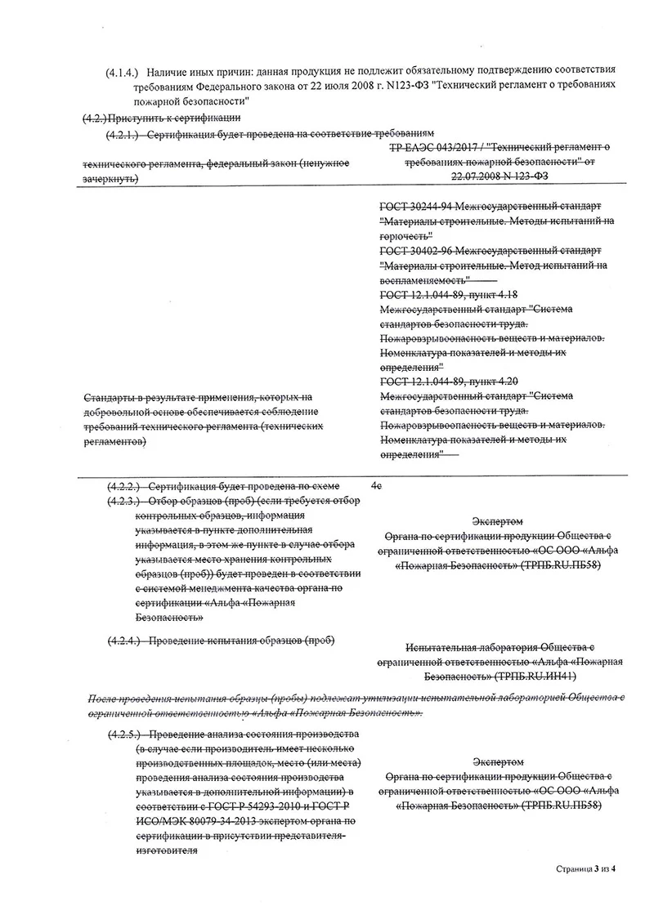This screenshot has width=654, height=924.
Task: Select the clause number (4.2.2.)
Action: tap(123, 485)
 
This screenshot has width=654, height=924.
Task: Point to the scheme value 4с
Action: tap(376, 485)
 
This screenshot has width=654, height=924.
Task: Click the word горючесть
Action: tap(405, 234)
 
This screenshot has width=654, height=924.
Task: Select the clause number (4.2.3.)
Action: tap(123, 500)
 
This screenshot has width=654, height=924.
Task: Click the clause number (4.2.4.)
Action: tap(123, 640)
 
